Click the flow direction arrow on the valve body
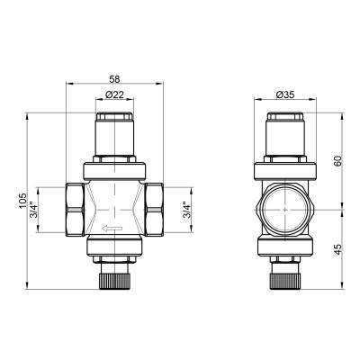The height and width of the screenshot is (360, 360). click(x=112, y=229)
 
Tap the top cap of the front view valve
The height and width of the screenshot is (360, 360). click(x=114, y=121)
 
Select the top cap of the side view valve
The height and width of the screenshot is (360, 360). click(x=286, y=121)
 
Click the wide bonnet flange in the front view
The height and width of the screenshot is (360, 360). click(x=114, y=168)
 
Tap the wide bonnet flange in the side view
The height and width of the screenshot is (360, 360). click(x=286, y=168)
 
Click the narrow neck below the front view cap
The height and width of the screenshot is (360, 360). click(x=114, y=144)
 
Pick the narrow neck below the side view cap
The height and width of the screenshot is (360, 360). click(x=286, y=144)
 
